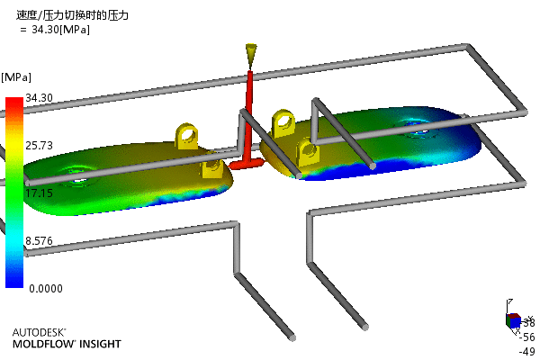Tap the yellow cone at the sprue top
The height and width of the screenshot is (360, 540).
click(250, 54)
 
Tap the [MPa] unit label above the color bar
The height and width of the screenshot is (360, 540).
click(19, 77)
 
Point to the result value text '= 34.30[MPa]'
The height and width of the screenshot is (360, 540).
click(54, 29)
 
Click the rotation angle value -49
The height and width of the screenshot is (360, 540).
click(527, 351)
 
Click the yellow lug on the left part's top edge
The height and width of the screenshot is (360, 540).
click(187, 135)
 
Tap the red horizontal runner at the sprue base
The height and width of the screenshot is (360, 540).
click(244, 165)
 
